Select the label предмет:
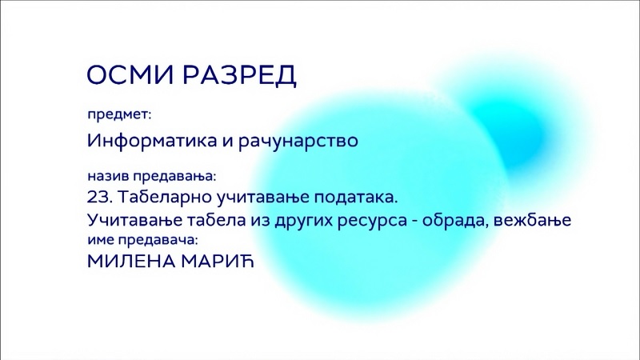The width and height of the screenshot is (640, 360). (119, 115)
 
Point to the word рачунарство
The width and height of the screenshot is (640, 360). (298, 142)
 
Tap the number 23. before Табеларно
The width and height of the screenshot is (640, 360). (99, 198)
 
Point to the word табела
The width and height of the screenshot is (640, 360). (216, 220)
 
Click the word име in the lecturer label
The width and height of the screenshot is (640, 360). (101, 241)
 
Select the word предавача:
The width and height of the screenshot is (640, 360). (158, 241)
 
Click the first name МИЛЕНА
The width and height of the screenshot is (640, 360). (131, 262)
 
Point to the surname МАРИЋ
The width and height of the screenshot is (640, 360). (218, 262)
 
